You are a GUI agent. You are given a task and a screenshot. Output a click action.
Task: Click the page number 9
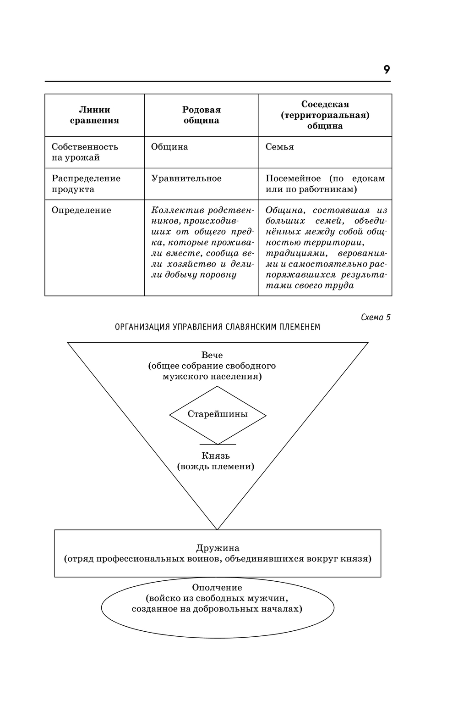387,70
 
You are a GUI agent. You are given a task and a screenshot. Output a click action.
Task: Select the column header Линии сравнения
94,115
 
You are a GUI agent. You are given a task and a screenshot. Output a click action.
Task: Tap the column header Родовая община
202,115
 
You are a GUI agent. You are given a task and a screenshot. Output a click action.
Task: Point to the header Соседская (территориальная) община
325,115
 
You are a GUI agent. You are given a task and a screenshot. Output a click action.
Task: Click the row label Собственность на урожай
85,152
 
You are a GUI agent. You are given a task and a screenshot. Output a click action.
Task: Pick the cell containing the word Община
169,147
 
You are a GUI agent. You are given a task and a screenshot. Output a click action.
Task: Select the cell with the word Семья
279,147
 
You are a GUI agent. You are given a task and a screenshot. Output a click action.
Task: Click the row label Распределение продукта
86,184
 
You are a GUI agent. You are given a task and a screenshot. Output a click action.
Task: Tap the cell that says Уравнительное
186,178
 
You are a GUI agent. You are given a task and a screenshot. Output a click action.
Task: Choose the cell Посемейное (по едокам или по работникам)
325,184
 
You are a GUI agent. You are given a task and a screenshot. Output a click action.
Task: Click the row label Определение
81,210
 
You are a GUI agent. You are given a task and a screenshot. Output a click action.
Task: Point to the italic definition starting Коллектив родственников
202,242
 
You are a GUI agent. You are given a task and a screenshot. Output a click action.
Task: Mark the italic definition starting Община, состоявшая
325,248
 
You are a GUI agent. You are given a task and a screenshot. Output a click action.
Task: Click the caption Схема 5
376,317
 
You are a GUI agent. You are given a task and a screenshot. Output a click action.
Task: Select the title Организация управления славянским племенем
218,327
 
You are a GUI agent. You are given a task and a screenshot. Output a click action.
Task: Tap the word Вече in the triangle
212,355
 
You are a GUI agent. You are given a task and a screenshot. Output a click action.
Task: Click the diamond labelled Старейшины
218,414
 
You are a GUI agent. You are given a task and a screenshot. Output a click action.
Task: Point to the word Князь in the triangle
215,456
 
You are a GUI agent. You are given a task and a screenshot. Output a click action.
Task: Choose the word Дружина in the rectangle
218,548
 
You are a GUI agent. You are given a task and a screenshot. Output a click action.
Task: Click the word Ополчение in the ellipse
217,587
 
